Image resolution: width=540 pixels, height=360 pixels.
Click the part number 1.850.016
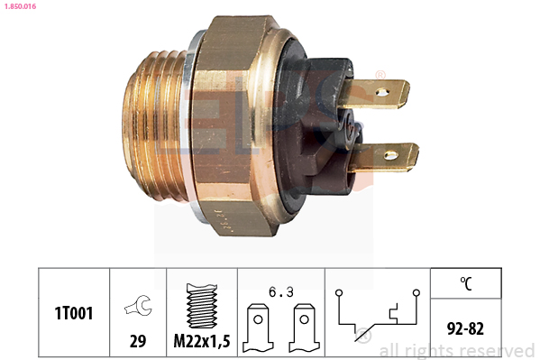pyautogui.click(x=19, y=6)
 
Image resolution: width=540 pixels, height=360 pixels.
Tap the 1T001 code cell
pyautogui.click(x=74, y=313)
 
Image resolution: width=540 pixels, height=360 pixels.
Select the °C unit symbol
pyautogui.click(x=466, y=282)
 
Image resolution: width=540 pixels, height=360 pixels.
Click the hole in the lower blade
pyautogui.click(x=390, y=156)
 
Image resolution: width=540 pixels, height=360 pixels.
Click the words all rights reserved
pyautogui.click(x=456, y=350)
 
